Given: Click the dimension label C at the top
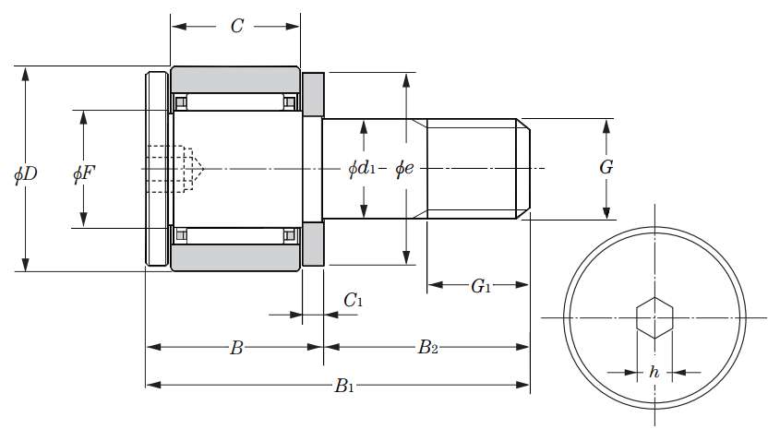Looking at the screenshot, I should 236,26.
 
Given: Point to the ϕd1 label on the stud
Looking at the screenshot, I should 362,168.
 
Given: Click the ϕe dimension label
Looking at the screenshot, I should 405,168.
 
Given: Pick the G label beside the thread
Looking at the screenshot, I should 606,167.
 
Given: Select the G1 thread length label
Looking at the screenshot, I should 480,286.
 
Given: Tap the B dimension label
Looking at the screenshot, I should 236,348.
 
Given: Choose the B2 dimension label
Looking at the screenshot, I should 427,348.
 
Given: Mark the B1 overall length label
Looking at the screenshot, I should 343,385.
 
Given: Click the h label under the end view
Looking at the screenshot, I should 654,372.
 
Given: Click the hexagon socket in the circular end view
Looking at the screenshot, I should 654,317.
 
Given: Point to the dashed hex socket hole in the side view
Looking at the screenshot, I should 175,168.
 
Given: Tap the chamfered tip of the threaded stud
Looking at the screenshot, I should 523,169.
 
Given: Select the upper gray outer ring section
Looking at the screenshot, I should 235,78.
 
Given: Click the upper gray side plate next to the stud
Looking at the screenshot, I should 314,92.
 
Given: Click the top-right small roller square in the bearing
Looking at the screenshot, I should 290,101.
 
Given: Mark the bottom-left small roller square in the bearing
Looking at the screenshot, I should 182,236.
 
